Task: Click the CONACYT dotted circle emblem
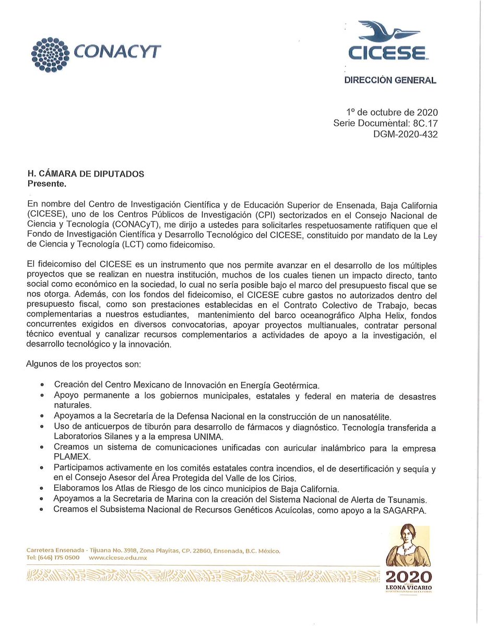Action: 50,53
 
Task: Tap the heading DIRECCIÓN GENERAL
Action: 389,80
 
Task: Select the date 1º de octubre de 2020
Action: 392,112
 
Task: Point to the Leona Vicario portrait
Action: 408,537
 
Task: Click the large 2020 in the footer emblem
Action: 408,577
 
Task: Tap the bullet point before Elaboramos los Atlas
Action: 42,489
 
